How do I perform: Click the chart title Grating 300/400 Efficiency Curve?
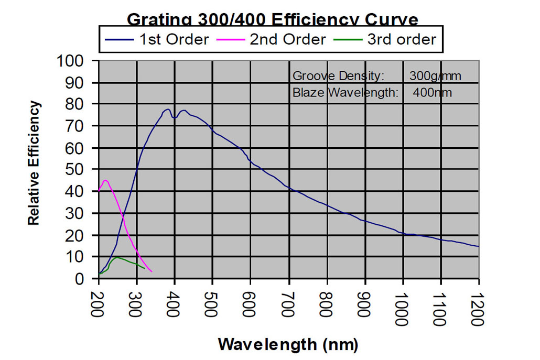coord(273,20)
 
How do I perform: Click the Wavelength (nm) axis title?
coord(288,344)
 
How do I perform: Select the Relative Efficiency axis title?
coord(34,163)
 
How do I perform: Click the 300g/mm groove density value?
coord(435,76)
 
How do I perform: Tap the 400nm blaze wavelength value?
coord(436,93)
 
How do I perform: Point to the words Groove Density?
coord(339,76)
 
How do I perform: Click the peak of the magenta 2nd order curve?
coord(105,180)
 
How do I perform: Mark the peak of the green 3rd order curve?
coord(117,257)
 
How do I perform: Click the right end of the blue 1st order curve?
coord(478,246)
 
